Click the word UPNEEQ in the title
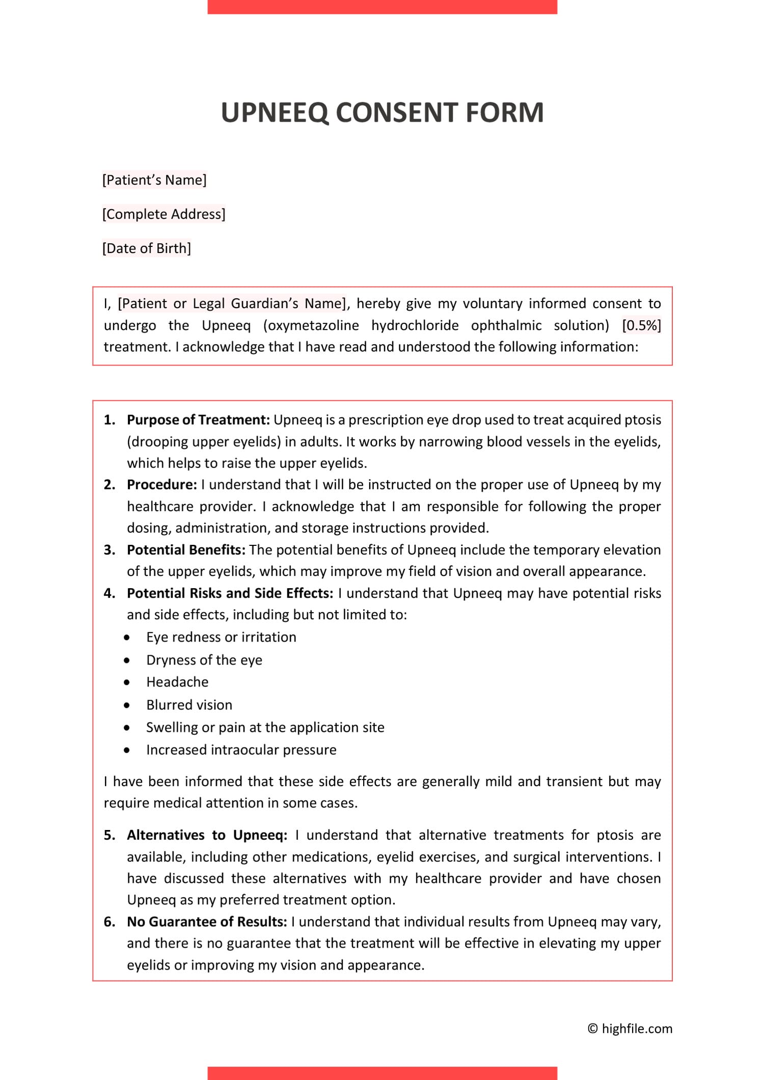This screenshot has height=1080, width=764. coord(275,113)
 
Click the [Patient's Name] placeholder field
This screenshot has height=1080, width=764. coord(154,180)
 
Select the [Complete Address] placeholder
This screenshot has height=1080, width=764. coord(163,214)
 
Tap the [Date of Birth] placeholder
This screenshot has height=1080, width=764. coord(147,248)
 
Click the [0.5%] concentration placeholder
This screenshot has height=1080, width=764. coord(641,325)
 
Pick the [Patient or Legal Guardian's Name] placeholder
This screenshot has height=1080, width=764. coord(231,303)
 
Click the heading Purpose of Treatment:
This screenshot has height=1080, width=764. coord(198,420)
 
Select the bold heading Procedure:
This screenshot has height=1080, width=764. coord(161,484)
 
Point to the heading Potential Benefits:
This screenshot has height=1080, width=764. coord(186,549)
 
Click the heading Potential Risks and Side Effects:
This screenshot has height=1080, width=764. coord(230,593)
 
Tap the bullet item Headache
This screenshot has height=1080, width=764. coord(177,682)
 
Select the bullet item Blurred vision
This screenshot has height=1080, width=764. coord(189,705)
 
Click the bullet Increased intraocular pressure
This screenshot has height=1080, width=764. coord(241,750)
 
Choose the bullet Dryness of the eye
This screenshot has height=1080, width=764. coord(204,660)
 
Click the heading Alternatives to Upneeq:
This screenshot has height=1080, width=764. coord(207,835)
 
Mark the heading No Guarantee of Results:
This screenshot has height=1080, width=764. coord(207,922)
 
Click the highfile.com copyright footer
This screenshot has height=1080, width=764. coord(630,1029)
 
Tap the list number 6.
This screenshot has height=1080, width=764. coord(109,922)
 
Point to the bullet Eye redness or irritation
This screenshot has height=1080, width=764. coord(221,637)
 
